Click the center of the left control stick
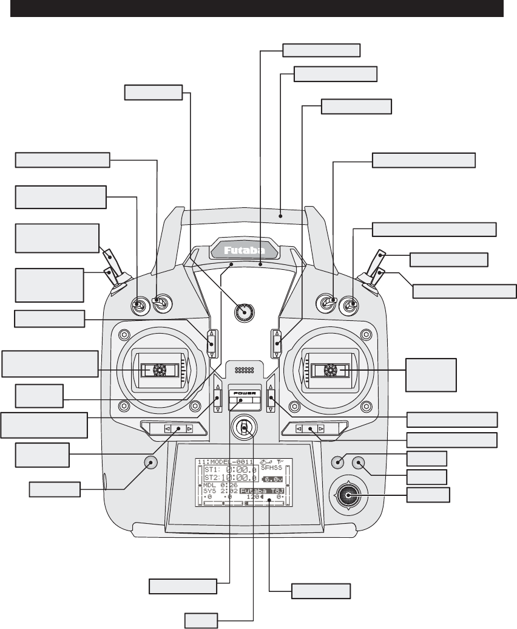pyautogui.click(x=160, y=369)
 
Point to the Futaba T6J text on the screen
pyautogui.click(x=262, y=490)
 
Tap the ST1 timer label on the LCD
pyautogui.click(x=211, y=470)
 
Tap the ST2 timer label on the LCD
pyautogui.click(x=211, y=478)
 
